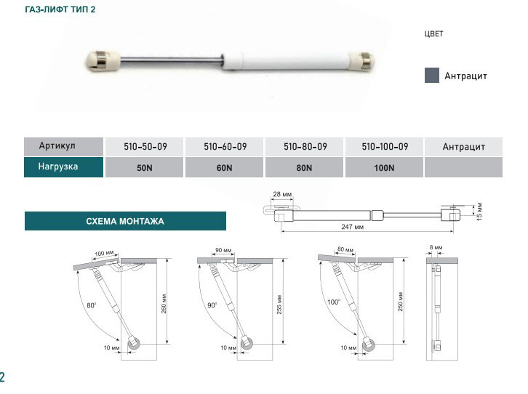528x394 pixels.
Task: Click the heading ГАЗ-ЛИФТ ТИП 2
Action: [60, 9]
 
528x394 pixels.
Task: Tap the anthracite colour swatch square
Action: [432, 75]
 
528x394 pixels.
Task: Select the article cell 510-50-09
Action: [145, 146]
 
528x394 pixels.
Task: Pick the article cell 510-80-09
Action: [305, 146]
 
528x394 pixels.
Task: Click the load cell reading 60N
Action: [224, 168]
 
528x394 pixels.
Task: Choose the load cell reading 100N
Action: [384, 168]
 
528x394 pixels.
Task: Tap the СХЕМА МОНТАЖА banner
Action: [125, 221]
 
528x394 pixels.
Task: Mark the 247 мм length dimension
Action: [352, 227]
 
